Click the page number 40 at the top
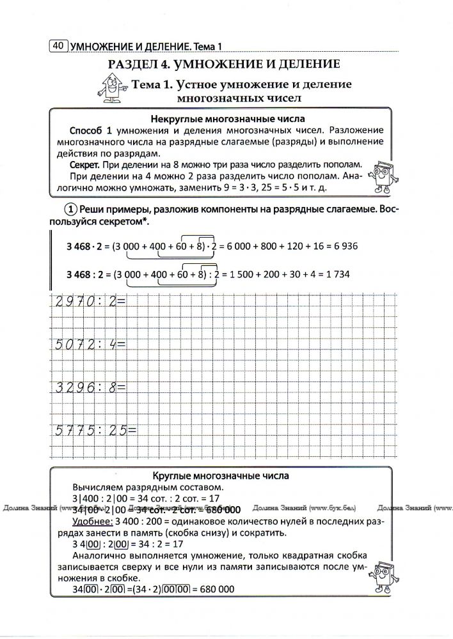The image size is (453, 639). click(x=58, y=45)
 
